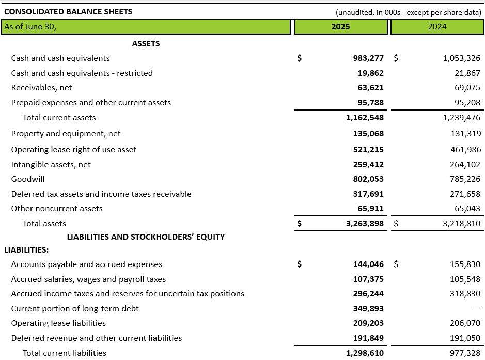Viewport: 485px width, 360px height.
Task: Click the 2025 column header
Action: [340, 27]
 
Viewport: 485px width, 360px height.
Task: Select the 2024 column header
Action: [437, 27]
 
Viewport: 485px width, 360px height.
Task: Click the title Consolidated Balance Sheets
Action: [68, 11]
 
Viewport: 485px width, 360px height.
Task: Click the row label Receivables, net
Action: [41, 88]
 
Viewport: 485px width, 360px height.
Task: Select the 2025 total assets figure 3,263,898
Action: [365, 224]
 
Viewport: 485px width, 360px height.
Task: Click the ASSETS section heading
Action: [146, 44]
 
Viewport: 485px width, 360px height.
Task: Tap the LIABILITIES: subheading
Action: [26, 250]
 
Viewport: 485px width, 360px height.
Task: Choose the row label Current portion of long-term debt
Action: [75, 309]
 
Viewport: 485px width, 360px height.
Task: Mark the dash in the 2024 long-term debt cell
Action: [476, 309]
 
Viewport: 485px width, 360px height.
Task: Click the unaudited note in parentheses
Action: [408, 12]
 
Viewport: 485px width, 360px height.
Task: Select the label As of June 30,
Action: [30, 27]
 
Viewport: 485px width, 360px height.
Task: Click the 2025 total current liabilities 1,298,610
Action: [365, 353]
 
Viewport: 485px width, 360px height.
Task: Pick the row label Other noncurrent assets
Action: [57, 209]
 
